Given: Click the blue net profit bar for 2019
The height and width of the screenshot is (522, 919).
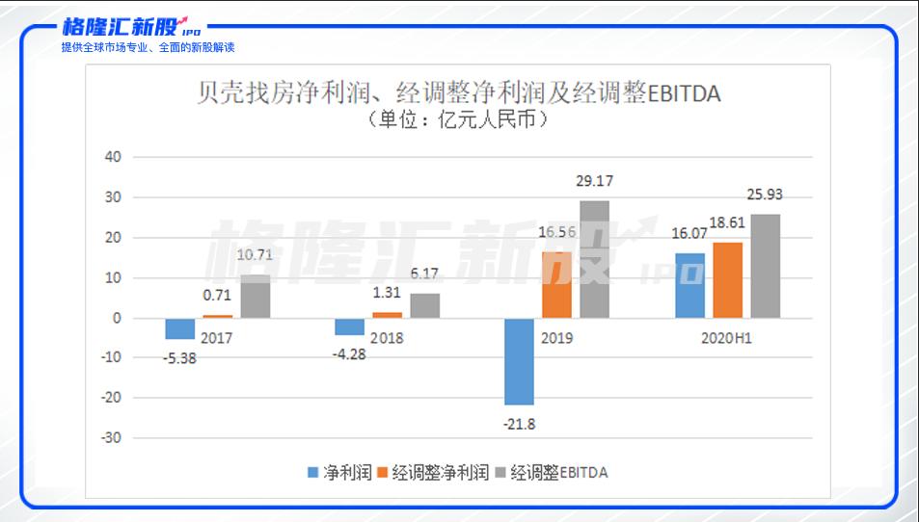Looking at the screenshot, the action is click(519, 362).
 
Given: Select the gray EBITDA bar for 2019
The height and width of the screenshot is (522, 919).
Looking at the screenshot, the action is click(594, 259).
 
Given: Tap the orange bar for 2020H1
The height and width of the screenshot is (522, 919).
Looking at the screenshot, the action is click(727, 280).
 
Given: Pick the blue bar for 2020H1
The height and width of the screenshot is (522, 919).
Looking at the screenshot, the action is click(689, 286).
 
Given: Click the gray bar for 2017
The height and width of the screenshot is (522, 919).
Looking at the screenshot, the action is click(256, 296).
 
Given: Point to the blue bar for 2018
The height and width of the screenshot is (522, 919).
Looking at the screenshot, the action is click(349, 326).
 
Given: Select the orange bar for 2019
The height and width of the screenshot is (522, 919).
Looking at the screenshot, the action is click(556, 285).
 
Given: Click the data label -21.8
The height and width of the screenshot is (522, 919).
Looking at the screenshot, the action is click(519, 424).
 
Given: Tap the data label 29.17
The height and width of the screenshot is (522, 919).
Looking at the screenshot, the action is click(594, 181).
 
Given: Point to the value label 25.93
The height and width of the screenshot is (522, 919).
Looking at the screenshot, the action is click(765, 195).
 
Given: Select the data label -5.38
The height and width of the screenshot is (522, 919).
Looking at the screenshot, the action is click(179, 358).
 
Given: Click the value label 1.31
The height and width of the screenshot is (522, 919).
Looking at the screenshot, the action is click(387, 292).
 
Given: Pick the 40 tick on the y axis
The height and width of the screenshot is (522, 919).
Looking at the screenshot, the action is click(113, 157).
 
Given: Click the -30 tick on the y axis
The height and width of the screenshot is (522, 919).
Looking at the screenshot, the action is click(111, 437).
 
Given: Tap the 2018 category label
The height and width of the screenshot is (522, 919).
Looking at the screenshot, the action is click(387, 338).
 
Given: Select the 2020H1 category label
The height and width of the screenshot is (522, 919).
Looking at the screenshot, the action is click(726, 338).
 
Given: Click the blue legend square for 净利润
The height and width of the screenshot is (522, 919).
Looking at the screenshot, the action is click(313, 472).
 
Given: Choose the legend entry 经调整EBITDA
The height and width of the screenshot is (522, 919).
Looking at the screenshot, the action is click(553, 472).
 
